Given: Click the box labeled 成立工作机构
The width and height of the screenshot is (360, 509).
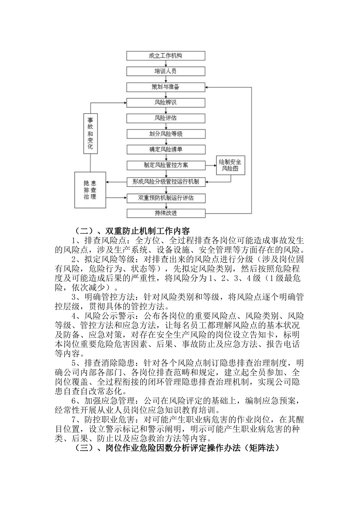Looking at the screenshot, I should pos(166,56).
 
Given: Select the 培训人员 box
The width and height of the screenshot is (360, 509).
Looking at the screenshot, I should pos(166,71).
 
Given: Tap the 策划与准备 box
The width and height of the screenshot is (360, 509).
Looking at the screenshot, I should pos(166,87).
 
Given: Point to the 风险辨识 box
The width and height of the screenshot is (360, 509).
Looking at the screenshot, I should pos(166,102).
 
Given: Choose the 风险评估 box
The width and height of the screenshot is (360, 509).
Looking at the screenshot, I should pos(166,118).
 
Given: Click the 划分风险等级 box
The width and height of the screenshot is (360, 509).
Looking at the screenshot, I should pos(166,134).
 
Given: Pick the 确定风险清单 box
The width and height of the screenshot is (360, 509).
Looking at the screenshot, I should pos(166,149).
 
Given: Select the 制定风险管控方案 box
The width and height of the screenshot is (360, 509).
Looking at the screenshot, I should pos(166,165).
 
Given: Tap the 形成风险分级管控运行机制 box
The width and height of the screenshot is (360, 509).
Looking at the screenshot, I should pos(166,181).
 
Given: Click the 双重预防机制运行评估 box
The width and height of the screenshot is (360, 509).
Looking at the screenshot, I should pos(166,198).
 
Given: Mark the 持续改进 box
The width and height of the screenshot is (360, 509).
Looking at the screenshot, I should pos(166,213).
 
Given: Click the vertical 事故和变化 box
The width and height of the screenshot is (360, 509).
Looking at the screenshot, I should pos(90,134).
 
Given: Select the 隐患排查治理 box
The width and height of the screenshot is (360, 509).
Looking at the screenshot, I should pos(90,190).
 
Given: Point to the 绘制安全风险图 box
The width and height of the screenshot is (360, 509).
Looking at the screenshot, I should pos(230,165).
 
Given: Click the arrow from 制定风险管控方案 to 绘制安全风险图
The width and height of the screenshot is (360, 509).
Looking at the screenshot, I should pos(211,165).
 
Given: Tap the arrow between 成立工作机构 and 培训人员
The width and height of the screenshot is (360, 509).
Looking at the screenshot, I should pos(166,64).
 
